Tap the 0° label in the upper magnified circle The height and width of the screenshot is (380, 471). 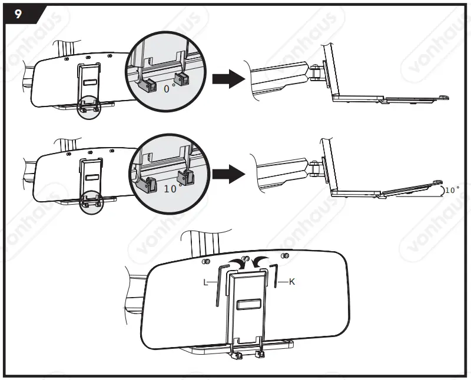tap(170, 88)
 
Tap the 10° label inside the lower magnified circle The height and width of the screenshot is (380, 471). tap(171, 189)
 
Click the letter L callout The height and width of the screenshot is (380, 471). tap(205, 282)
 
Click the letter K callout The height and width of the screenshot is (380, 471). tap(291, 282)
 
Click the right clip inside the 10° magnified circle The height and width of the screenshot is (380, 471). tap(187, 176)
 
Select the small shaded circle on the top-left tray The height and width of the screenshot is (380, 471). tap(89, 105)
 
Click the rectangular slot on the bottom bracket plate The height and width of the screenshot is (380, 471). tap(247, 305)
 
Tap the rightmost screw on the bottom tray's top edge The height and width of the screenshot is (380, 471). tap(285, 255)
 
